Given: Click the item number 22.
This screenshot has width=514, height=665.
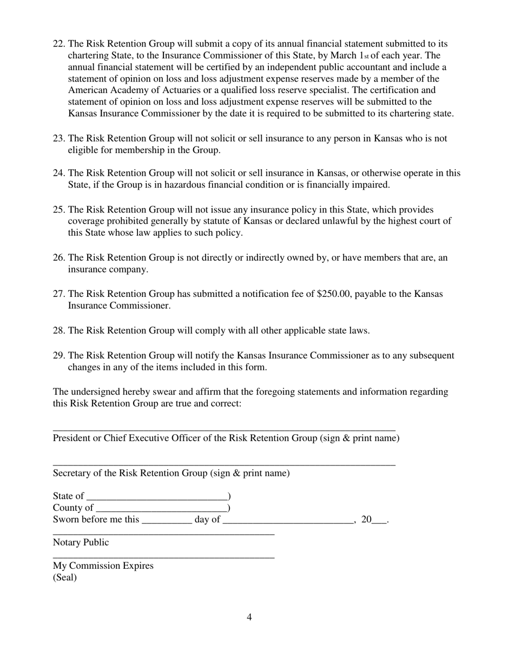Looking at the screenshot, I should point(59,44).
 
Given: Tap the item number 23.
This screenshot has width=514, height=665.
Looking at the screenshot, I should point(59,138).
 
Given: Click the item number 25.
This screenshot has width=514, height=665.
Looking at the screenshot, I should point(59,209).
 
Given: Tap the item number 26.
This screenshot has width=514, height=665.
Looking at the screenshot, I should point(59,258).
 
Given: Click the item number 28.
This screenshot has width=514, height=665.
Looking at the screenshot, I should point(59,330).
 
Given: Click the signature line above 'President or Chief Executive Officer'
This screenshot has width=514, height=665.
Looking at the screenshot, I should point(224,429).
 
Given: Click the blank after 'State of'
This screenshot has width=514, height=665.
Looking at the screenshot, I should point(157,496).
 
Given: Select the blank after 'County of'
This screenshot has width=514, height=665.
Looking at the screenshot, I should point(161,508).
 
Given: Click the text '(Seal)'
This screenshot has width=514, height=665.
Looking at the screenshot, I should point(65,577).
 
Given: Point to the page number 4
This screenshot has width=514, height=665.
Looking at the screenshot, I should point(249,617).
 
